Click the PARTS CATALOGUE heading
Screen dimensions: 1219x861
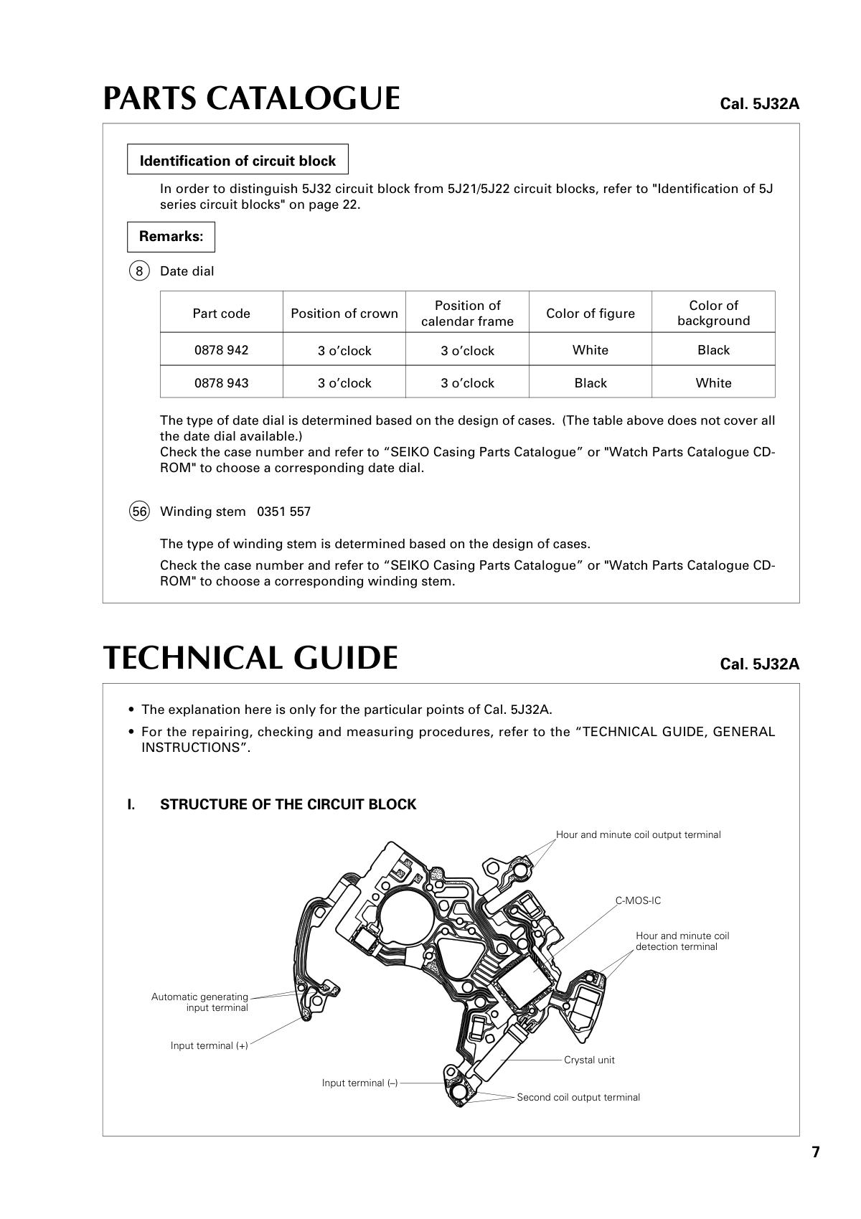click(x=251, y=98)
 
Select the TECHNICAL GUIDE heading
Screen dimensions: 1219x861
click(x=250, y=658)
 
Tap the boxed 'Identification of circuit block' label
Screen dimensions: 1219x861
click(x=237, y=161)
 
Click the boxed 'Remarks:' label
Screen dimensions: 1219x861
click(x=171, y=236)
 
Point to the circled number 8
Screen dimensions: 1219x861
click(x=139, y=271)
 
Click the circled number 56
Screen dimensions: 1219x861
click(x=139, y=512)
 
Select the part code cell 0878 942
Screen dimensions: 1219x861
click(x=221, y=350)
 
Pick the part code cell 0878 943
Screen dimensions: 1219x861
click(x=221, y=383)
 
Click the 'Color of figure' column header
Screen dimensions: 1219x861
click(x=590, y=314)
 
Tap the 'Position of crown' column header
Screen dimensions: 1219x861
click(x=344, y=314)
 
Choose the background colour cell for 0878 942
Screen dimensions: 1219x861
click(x=712, y=350)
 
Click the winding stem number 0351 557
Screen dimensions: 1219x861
click(x=283, y=512)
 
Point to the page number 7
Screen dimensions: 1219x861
click(x=815, y=1152)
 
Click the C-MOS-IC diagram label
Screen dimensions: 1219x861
click(x=638, y=900)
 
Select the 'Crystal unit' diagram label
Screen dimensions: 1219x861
click(x=589, y=1060)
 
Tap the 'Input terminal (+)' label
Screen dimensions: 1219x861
click(x=209, y=1045)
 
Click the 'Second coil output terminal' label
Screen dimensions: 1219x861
click(x=578, y=1097)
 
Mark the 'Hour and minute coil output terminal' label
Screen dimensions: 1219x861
click(x=638, y=834)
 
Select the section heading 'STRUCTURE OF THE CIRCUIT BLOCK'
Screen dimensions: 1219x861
click(x=288, y=804)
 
